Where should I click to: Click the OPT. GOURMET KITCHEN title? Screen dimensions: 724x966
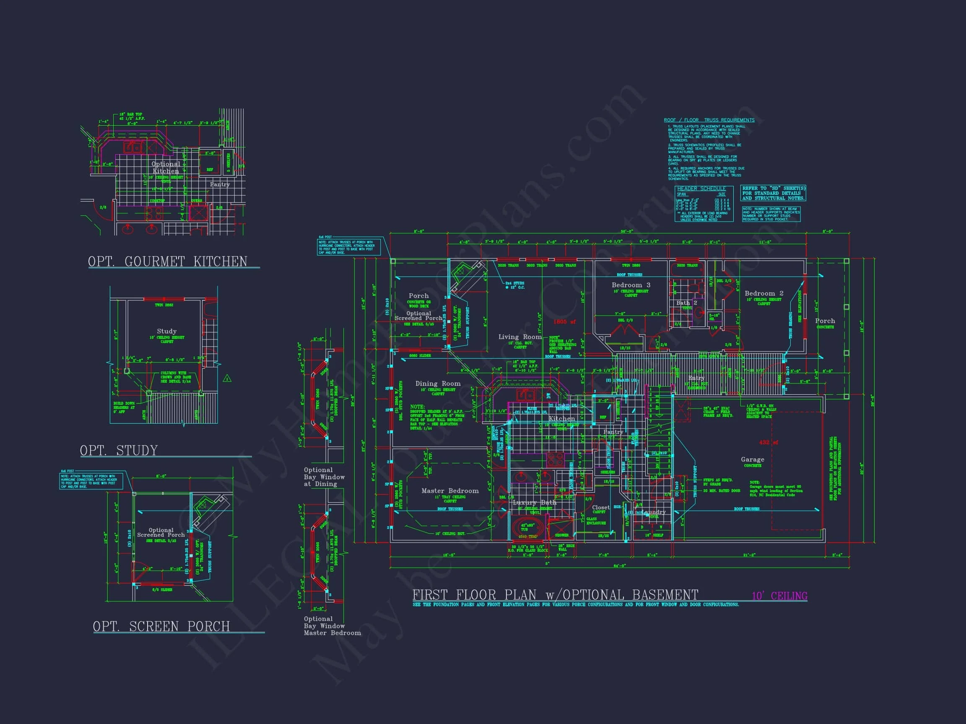click(x=168, y=261)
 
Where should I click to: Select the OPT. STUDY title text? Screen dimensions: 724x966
click(x=119, y=450)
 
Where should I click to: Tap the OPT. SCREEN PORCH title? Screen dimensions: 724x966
click(x=161, y=626)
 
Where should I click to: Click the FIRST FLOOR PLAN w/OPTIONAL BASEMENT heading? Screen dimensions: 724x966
click(x=555, y=595)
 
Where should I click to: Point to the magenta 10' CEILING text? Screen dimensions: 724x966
click(x=779, y=596)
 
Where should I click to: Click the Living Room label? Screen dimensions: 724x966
click(x=519, y=337)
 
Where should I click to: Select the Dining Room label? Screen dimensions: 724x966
click(x=438, y=384)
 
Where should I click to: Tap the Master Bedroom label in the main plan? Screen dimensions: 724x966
click(x=450, y=491)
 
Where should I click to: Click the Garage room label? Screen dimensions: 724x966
click(x=753, y=460)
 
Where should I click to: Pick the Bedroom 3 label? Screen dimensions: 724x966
click(x=631, y=285)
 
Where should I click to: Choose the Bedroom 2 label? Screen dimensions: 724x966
click(x=764, y=293)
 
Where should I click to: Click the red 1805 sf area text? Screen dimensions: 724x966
click(x=564, y=322)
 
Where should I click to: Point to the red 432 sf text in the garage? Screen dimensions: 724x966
click(x=768, y=442)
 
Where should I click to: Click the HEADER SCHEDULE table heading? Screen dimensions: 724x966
click(x=701, y=189)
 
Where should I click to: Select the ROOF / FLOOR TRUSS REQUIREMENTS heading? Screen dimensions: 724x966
click(x=709, y=120)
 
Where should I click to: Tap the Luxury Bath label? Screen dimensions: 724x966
click(x=534, y=503)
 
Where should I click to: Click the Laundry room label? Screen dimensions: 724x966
click(x=653, y=512)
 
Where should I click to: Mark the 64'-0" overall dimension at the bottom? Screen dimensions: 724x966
click(x=619, y=566)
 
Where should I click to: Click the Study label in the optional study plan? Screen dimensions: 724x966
click(x=167, y=331)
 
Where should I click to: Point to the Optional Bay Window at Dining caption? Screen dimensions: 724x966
click(x=324, y=477)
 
